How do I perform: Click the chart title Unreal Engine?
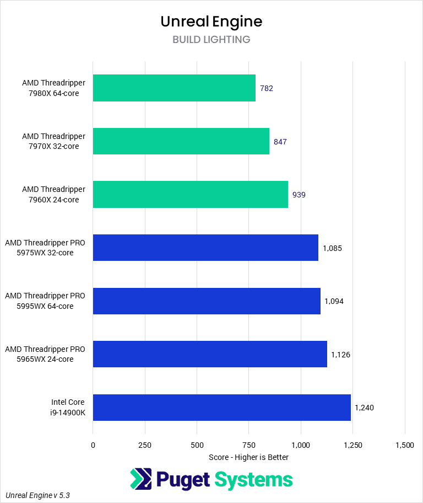(211, 21)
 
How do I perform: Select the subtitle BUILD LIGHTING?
(211, 40)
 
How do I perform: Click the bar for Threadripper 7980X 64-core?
(174, 88)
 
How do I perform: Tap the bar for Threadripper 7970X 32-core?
(181, 141)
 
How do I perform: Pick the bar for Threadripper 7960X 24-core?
(190, 195)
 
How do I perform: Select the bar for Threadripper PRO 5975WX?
(205, 248)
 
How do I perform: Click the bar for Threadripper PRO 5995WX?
(207, 301)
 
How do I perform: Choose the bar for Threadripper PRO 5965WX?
(210, 354)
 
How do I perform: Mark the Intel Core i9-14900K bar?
(221, 408)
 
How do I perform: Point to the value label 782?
(267, 88)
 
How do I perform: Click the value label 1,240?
(364, 408)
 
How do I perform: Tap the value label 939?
(299, 195)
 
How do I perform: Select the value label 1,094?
(334, 301)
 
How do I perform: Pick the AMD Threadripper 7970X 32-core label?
(53, 141)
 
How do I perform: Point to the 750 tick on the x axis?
(248, 445)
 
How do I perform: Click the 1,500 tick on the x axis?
(405, 445)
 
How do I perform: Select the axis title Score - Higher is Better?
(248, 457)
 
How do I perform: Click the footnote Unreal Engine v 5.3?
(38, 495)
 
